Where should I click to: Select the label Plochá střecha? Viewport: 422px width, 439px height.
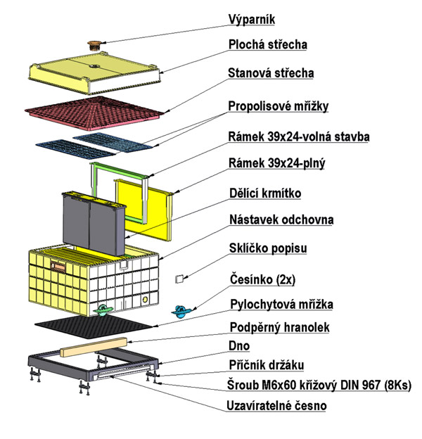point(267,45)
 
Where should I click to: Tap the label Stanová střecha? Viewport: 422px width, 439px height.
point(271,73)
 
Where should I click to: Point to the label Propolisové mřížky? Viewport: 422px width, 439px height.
point(279,106)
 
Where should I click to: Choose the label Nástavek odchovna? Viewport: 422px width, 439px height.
point(281,220)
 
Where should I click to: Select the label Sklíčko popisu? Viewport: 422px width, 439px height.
point(268,249)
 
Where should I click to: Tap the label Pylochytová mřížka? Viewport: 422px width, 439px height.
point(282,304)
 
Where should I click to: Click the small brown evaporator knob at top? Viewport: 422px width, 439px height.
point(94,45)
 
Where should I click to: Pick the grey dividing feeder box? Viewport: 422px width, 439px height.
point(91,224)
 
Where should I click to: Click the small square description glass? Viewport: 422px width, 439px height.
point(179,279)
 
